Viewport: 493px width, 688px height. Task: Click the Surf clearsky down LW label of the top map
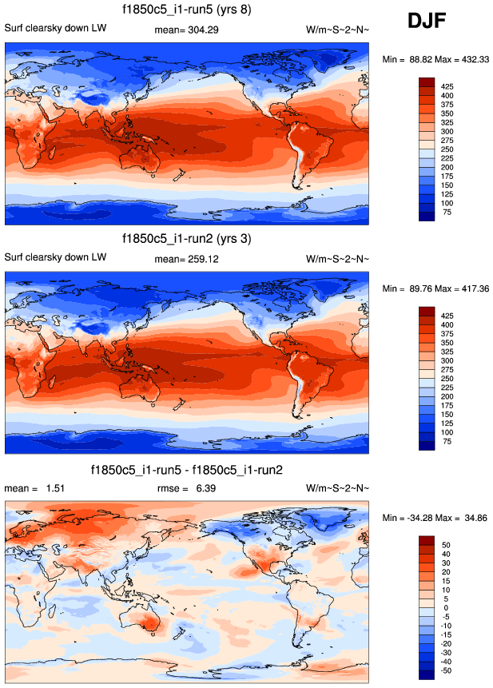coord(55,30)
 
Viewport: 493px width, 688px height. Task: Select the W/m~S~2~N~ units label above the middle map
coord(337,257)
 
